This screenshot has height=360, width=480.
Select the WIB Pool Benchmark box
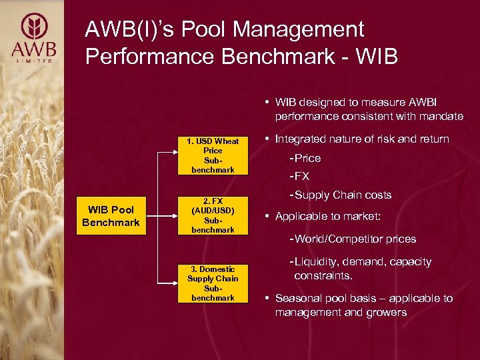click(x=111, y=216)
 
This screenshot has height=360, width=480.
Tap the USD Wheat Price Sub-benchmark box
click(x=213, y=155)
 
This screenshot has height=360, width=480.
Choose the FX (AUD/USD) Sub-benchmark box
click(x=213, y=215)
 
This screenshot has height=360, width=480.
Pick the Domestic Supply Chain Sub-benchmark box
click(x=213, y=283)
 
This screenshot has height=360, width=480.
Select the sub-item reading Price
click(x=307, y=158)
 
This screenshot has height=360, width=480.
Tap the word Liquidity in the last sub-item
click(x=315, y=262)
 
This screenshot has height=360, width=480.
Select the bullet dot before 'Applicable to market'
click(x=267, y=217)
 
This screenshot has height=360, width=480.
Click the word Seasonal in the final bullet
click(x=298, y=298)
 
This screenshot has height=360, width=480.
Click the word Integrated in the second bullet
click(x=300, y=139)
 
